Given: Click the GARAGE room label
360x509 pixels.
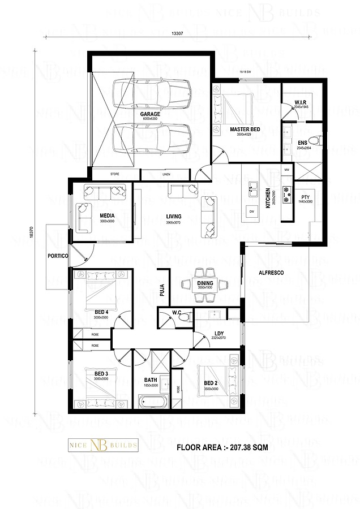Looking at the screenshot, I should tap(151, 114).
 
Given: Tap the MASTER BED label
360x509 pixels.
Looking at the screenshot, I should tap(245, 130).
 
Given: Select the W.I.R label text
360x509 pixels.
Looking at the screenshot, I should tap(301, 102).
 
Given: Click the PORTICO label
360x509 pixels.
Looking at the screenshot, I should tap(58, 256).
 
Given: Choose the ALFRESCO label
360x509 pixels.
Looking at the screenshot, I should tap(271, 273).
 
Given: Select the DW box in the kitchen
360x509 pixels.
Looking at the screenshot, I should tap(251, 212).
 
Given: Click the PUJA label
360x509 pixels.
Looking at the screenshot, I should tap(162, 291).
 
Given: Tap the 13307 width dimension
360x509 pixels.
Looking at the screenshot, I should tap(177, 33).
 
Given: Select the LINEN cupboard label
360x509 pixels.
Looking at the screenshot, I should tap(166, 174).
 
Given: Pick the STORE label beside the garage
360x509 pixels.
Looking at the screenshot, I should tap(115, 174).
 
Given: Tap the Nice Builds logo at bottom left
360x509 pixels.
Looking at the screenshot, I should tap(103, 446).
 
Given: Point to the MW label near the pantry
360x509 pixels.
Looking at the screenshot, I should tap(287, 170).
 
